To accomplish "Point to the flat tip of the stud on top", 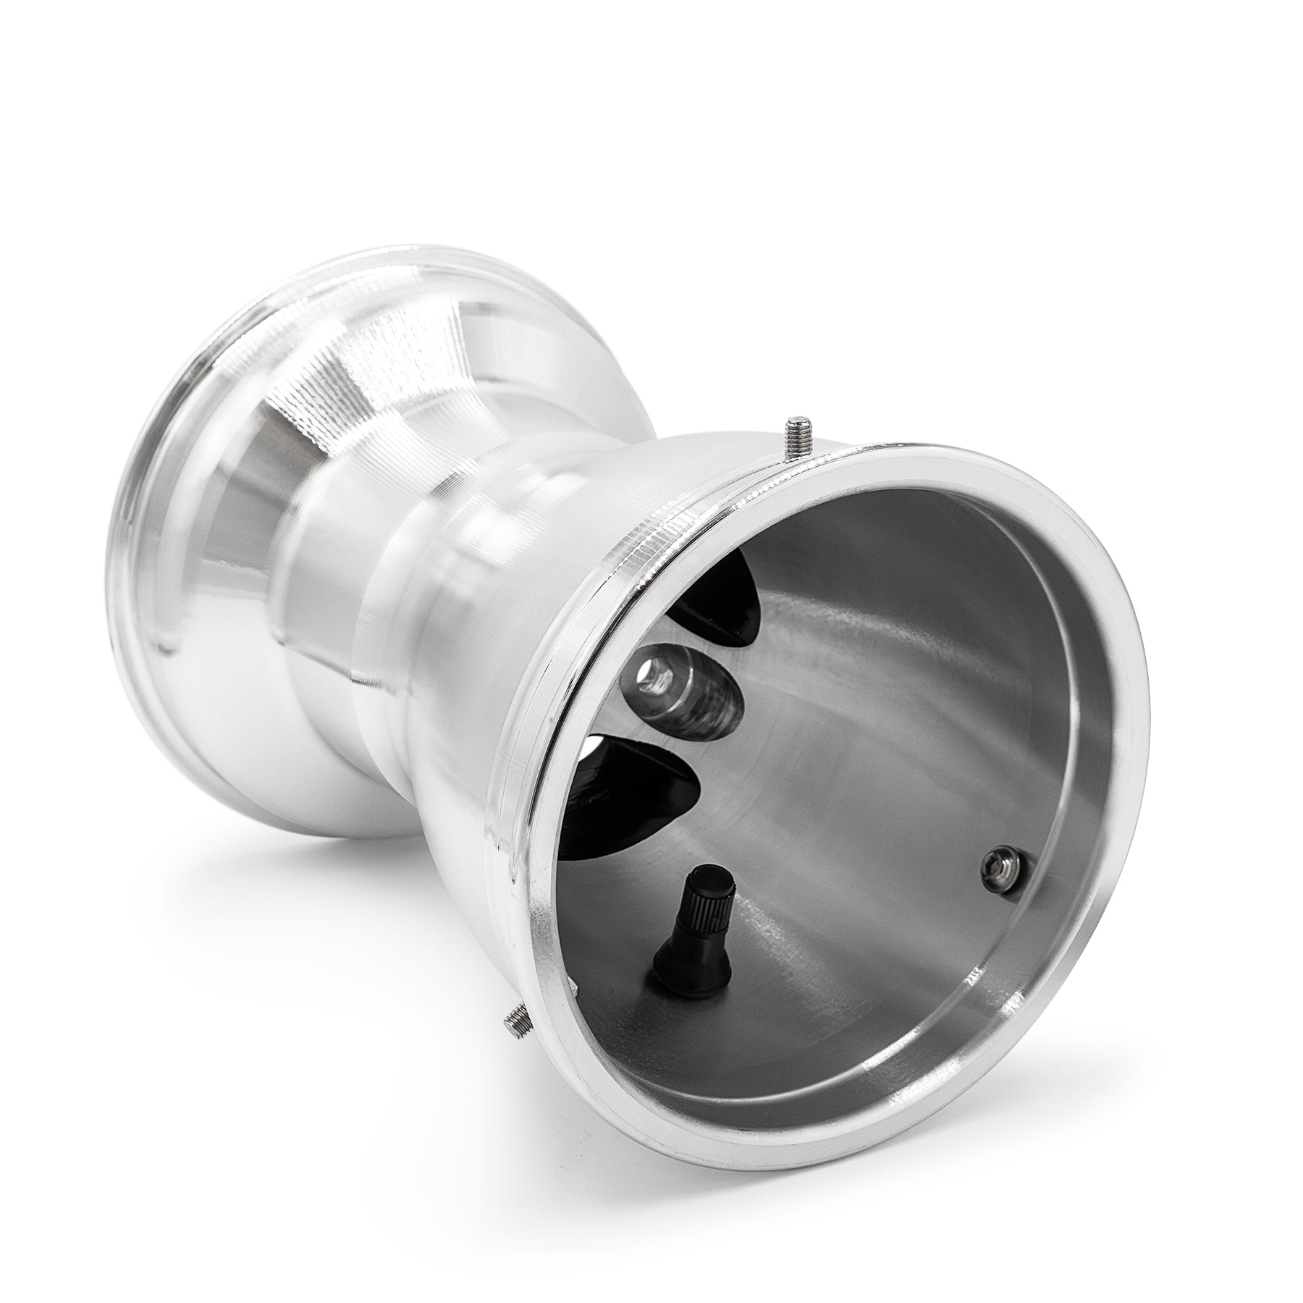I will [799, 420].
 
